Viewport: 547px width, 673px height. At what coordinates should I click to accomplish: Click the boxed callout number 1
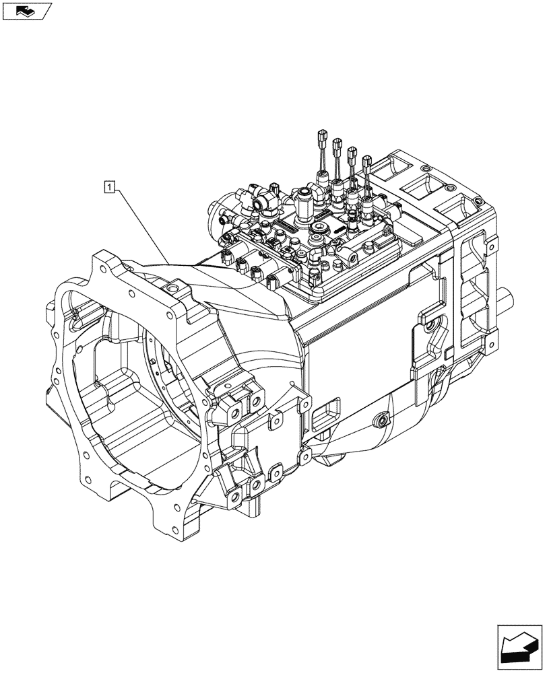point(109,185)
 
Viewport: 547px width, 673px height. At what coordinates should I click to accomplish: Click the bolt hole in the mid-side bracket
point(429,326)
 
